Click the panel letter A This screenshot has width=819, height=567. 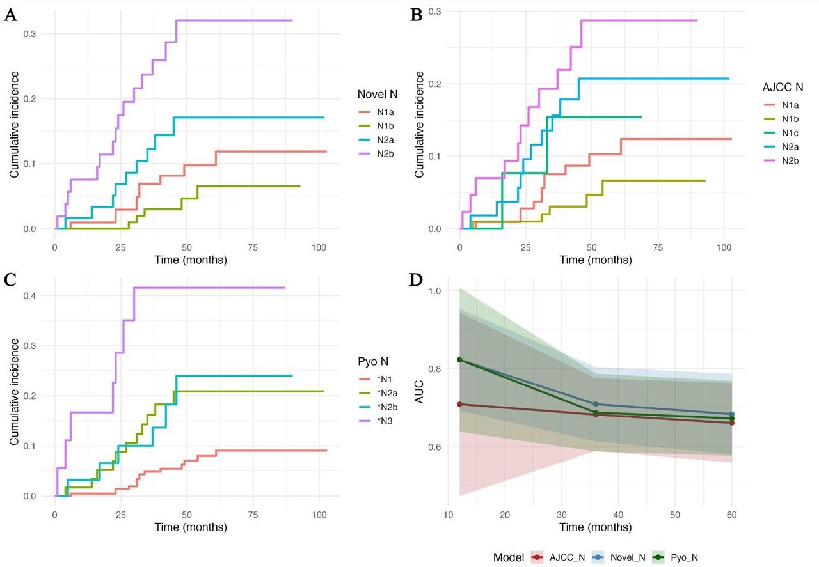click(x=11, y=16)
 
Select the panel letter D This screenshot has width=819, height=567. click(x=416, y=280)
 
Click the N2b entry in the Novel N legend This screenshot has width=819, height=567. click(x=385, y=154)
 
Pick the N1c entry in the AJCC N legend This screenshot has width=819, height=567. click(x=790, y=133)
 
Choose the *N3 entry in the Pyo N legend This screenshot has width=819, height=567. click(x=385, y=421)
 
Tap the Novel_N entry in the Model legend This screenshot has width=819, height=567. click(x=628, y=557)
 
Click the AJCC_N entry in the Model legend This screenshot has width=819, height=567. click(x=567, y=557)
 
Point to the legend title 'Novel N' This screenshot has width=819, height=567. click(x=378, y=94)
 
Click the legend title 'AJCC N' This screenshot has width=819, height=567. click(x=783, y=88)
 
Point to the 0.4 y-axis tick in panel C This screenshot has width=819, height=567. click(x=29, y=295)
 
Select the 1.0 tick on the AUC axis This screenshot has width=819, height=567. click(x=434, y=291)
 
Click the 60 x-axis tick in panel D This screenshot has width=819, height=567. click(x=731, y=515)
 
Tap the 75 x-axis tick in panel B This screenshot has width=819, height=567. click(x=658, y=247)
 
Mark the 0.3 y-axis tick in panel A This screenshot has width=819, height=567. click(x=29, y=34)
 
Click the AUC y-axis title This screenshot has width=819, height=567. click(x=419, y=392)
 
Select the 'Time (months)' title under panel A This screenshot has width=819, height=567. click(x=191, y=260)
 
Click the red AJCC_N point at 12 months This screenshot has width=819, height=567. click(x=459, y=404)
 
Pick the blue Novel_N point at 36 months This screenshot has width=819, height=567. click(x=596, y=404)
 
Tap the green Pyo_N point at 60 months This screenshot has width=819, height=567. click(x=731, y=418)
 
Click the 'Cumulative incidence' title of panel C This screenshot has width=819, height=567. click(x=14, y=392)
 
